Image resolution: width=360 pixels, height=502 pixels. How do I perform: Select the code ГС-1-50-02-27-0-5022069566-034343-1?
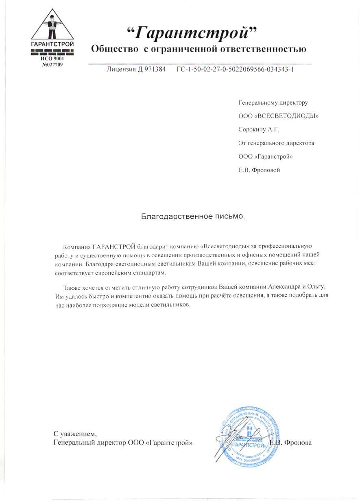[235, 69]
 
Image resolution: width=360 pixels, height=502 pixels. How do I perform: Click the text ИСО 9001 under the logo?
[52, 59]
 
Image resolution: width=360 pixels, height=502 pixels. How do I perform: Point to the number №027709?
[52, 64]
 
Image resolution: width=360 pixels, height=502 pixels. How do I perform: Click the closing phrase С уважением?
[75, 434]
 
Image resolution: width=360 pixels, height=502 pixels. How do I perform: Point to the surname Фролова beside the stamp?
[298, 443]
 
